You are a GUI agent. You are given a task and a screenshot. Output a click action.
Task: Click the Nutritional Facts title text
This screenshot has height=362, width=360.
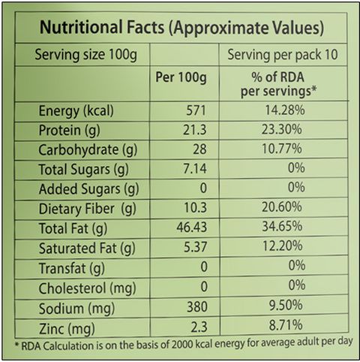pos(181,28)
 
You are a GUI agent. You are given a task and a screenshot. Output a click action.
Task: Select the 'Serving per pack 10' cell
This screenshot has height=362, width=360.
pos(283,55)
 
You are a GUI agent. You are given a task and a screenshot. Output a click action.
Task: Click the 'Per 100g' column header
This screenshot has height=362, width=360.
pos(181,77)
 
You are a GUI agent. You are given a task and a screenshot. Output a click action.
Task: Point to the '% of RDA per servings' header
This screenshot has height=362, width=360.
pos(278,84)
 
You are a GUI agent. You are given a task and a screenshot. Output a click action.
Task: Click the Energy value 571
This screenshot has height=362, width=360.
pos(196,110)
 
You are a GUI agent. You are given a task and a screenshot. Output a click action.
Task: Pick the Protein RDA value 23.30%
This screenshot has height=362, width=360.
pos(282,130)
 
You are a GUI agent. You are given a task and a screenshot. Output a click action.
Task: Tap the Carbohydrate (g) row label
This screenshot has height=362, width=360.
pos(88,150)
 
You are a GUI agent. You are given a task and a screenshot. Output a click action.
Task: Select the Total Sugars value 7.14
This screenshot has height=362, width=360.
pos(195,168)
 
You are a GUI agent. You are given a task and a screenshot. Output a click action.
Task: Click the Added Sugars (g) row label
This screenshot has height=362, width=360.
pos(88,189)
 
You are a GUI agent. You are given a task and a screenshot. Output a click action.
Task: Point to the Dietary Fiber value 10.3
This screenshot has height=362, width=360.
pos(196,208)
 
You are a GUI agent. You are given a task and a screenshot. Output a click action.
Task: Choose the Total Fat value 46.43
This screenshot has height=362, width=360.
pos(192,228)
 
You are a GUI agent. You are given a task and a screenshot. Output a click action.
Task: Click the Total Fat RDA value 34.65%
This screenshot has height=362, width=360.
pos(282,227)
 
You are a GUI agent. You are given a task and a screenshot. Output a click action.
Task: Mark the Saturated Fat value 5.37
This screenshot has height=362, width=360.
pos(196,247)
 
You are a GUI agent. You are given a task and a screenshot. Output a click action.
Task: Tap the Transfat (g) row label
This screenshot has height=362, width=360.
pos(72,269)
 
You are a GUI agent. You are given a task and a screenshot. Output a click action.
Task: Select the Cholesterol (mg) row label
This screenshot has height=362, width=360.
pos(88,288)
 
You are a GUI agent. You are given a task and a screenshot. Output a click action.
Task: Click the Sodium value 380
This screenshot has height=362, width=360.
pos(197,307)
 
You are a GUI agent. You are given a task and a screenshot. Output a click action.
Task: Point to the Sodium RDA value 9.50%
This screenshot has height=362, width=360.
pos(286,306)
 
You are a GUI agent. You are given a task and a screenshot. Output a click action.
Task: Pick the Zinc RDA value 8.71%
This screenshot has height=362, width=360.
pos(286,325)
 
